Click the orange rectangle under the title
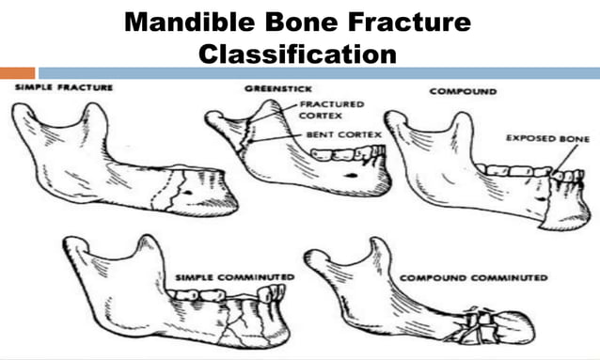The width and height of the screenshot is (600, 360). click(17, 72)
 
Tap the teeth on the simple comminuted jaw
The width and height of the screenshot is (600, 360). click(226, 296)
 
